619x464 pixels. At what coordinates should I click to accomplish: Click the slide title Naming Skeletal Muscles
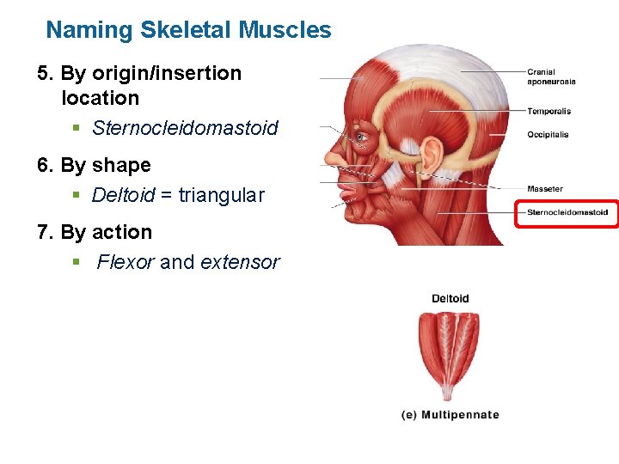coord(188,30)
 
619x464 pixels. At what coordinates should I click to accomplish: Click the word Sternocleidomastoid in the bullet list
coord(185,129)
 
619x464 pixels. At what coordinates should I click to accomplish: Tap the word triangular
coord(221,196)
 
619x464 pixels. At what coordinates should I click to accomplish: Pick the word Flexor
coord(126,263)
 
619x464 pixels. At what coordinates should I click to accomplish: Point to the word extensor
coord(240,263)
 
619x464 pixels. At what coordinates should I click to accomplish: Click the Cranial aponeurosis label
coord(551,76)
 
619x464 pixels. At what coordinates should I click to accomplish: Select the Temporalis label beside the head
coord(549,111)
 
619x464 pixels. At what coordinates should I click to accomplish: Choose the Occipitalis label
coord(548,134)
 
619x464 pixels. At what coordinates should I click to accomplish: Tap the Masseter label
coord(545,189)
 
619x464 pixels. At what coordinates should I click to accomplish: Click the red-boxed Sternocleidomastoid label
coord(567,212)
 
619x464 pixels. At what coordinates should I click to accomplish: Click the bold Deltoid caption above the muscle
coord(450,299)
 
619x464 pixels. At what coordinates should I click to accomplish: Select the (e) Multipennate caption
coord(450,415)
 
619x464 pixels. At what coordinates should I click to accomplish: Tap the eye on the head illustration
coord(362,136)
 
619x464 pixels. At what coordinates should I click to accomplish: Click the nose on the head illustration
coord(333,157)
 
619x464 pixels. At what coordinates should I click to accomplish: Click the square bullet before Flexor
coord(76,261)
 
